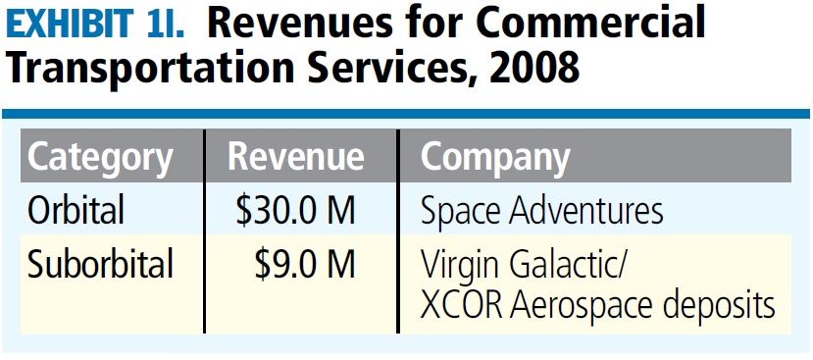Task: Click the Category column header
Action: [x=101, y=158]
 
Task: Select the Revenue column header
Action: [x=296, y=158]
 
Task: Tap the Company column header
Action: [x=495, y=158]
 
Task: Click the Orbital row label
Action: [x=76, y=210]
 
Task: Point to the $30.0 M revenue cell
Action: [x=295, y=210]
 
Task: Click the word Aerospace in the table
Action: [x=583, y=306]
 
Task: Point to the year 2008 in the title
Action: [x=531, y=70]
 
